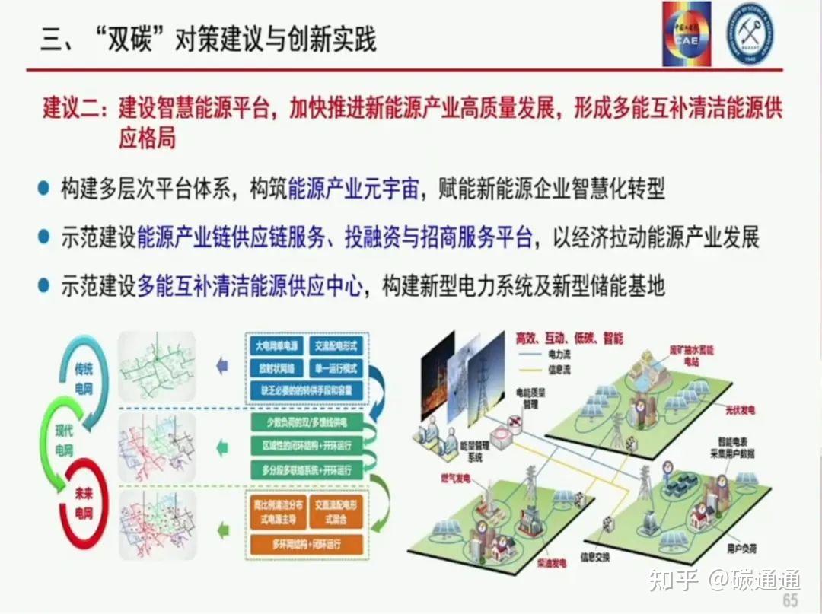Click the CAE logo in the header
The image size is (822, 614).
tap(687, 33)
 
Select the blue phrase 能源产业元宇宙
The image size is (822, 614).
tap(353, 189)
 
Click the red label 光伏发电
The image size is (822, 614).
tap(739, 410)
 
